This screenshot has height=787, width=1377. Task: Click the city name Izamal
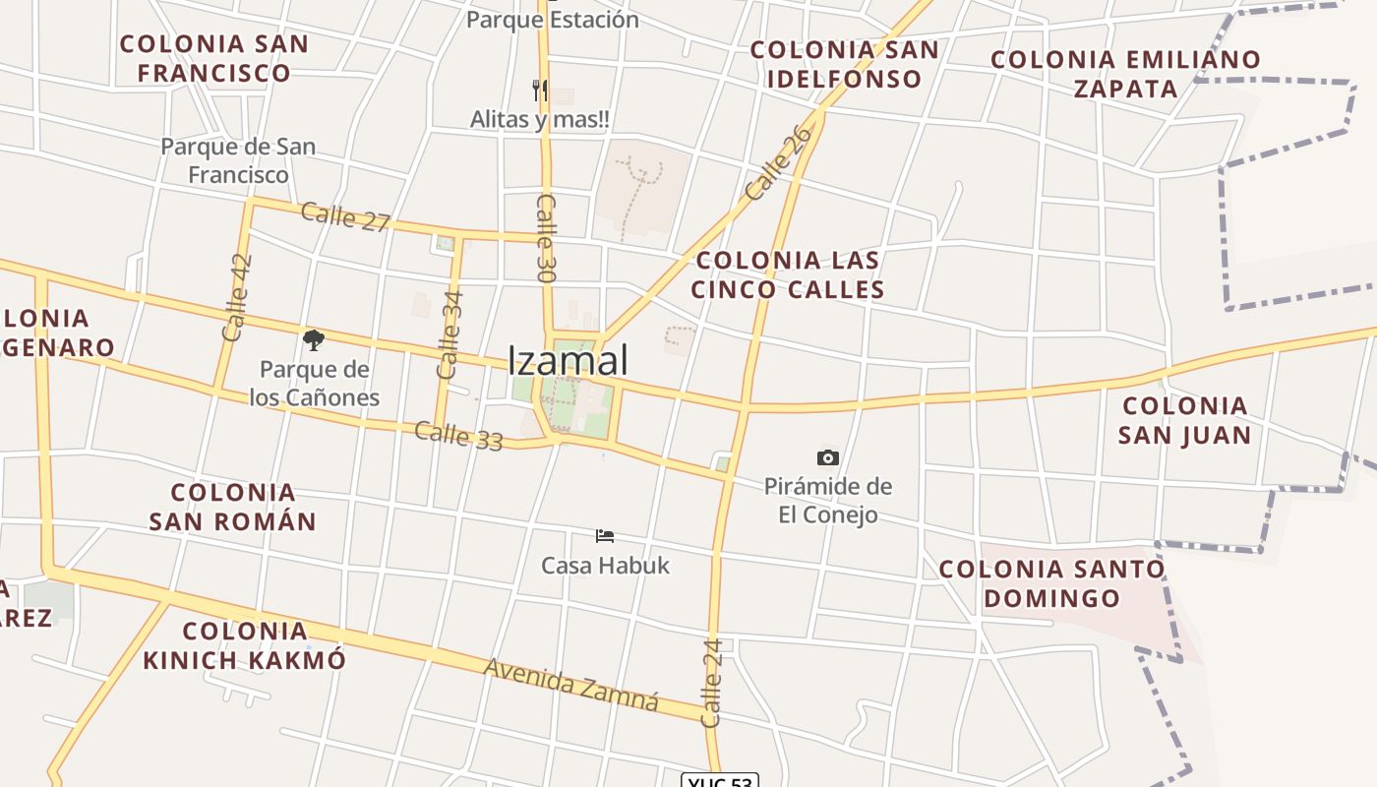(568, 360)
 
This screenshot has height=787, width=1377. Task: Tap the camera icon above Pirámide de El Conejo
(828, 457)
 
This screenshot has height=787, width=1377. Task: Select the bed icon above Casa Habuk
(605, 536)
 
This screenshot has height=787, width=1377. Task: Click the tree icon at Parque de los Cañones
(314, 341)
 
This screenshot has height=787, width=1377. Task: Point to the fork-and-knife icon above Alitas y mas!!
(539, 91)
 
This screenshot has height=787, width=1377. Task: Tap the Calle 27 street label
(345, 216)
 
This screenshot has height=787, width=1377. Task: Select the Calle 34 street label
(449, 334)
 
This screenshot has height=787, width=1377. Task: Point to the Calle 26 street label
(780, 162)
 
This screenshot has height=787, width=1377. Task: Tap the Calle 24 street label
(713, 683)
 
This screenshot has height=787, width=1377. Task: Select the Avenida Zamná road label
(570, 683)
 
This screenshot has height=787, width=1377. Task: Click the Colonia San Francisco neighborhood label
(214, 58)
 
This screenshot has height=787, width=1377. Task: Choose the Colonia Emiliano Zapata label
(1125, 74)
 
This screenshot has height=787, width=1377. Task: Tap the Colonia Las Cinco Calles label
(788, 274)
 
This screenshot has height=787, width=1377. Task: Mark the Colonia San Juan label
(1185, 420)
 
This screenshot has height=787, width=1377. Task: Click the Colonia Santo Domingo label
(1051, 583)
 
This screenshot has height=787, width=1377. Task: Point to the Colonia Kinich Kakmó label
(245, 645)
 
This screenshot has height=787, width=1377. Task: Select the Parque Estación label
(552, 19)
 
